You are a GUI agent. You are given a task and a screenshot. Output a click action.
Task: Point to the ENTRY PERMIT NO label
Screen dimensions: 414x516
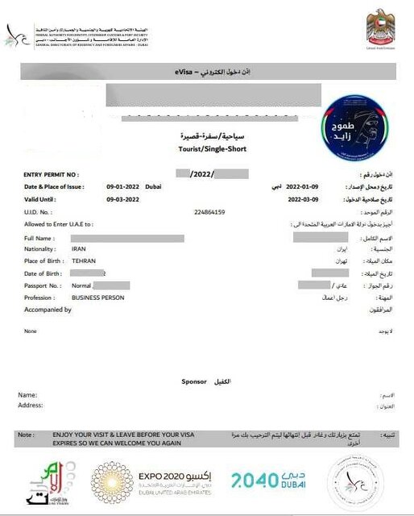pyautogui.click(x=51, y=174)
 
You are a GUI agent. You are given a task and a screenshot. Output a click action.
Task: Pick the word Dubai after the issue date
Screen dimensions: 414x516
pyautogui.click(x=153, y=186)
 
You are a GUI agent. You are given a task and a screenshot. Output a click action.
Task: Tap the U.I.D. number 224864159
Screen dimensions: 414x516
pyautogui.click(x=210, y=212)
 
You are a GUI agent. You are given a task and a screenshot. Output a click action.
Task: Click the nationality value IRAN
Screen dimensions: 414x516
pyautogui.click(x=78, y=250)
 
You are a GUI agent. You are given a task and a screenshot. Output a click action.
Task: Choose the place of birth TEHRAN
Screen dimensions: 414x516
pyautogui.click(x=84, y=261)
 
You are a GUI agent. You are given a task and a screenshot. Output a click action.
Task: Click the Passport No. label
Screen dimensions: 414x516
pyautogui.click(x=42, y=285)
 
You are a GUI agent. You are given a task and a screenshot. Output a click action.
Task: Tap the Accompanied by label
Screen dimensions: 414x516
pyautogui.click(x=48, y=310)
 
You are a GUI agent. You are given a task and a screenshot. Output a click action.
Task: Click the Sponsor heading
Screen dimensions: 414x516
pyautogui.click(x=194, y=381)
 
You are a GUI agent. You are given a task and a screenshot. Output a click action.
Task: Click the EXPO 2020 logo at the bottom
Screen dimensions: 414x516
pyautogui.click(x=154, y=483)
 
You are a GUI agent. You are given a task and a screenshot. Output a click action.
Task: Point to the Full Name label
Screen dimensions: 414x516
pyautogui.click(x=40, y=239)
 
